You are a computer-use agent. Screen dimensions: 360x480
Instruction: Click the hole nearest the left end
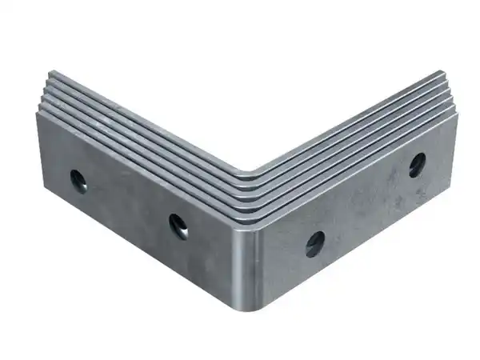[78, 180]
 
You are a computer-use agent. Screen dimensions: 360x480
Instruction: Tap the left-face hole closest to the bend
[178, 226]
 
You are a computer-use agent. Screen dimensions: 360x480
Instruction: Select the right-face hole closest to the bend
[314, 243]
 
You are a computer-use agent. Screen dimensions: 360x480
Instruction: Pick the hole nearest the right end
[417, 165]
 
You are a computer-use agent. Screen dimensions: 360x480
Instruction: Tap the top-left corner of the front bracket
[37, 114]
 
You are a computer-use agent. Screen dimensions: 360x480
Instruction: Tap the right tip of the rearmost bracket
[442, 74]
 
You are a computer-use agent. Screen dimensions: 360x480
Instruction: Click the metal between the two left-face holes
[128, 204]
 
